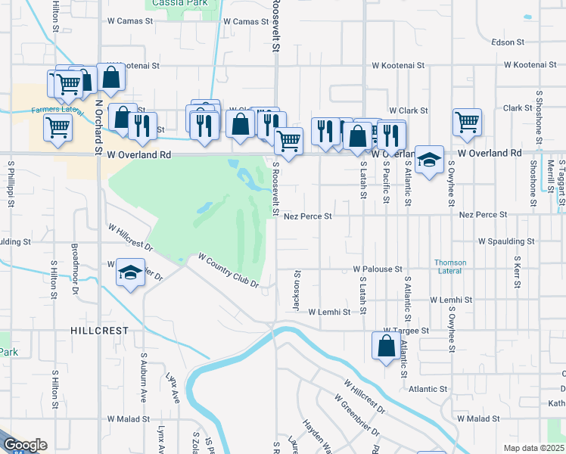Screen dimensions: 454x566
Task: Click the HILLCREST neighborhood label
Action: click(99, 331)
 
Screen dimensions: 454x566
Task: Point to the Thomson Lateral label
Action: click(450, 267)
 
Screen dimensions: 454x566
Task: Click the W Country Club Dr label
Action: click(229, 271)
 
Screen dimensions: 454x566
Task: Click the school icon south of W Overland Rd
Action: click(429, 160)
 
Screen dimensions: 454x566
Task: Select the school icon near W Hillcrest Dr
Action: click(130, 272)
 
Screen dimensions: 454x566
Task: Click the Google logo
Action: click(24, 446)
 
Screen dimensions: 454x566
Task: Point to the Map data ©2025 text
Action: click(533, 448)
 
